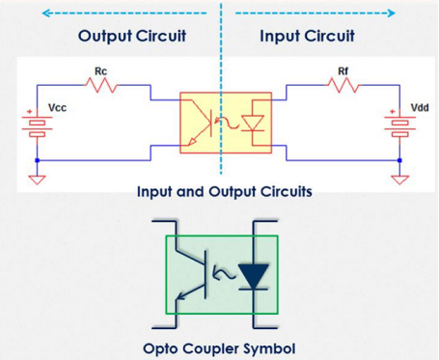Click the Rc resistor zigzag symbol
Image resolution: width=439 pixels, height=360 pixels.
coord(101,86)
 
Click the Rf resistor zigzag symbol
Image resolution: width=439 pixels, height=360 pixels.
coord(343,86)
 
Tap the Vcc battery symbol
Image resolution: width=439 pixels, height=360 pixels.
coord(37,125)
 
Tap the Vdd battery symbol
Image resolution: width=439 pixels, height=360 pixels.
coord(399,125)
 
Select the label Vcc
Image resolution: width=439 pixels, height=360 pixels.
coord(58,107)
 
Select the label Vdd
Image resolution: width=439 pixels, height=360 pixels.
coord(420,107)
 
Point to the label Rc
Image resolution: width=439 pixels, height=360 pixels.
coord(100,71)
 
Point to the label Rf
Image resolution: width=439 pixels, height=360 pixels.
coord(343,71)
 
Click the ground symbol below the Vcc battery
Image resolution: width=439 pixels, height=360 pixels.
coord(37,180)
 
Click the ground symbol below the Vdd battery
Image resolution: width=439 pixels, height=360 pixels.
coord(399,180)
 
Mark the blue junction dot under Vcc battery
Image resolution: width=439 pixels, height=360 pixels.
coord(37,160)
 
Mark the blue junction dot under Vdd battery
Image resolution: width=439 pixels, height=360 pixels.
coord(399,160)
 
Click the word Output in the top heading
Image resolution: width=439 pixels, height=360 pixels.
coord(105,36)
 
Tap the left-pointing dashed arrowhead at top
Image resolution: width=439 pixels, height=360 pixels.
coord(46,14)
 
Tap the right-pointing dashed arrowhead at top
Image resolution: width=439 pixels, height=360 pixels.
coord(391,14)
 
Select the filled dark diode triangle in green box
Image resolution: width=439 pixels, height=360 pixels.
coord(254,276)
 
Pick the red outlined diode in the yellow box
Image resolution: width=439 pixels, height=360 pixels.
coord(253,124)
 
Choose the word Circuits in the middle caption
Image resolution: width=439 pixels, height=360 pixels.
coord(286,192)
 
